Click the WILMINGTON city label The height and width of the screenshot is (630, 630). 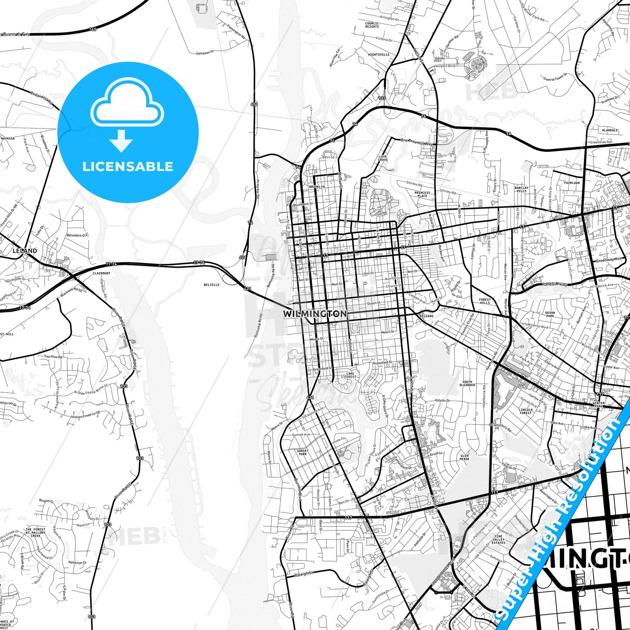click(315, 313)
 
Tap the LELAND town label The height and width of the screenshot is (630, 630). click(25, 251)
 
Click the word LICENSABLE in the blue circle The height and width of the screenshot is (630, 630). click(128, 167)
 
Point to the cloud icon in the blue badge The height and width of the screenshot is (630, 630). click(127, 102)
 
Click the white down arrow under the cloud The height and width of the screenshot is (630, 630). click(121, 141)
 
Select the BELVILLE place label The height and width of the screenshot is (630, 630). click(211, 285)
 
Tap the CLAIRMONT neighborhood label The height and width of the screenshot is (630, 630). click(102, 273)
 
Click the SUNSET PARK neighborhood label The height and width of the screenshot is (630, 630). click(303, 452)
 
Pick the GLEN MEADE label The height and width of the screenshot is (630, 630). click(465, 457)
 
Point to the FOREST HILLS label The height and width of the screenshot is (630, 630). click(485, 301)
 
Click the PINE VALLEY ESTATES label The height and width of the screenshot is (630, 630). click(498, 539)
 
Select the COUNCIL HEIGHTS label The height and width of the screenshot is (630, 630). click(372, 25)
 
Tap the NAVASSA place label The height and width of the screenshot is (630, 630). click(7, 138)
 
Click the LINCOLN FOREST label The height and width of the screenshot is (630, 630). click(526, 411)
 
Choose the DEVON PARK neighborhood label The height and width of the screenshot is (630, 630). click(550, 314)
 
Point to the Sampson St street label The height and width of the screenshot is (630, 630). click(205, 53)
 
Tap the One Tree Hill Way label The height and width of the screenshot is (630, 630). click(417, 142)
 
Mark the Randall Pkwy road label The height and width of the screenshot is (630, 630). click(555, 284)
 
